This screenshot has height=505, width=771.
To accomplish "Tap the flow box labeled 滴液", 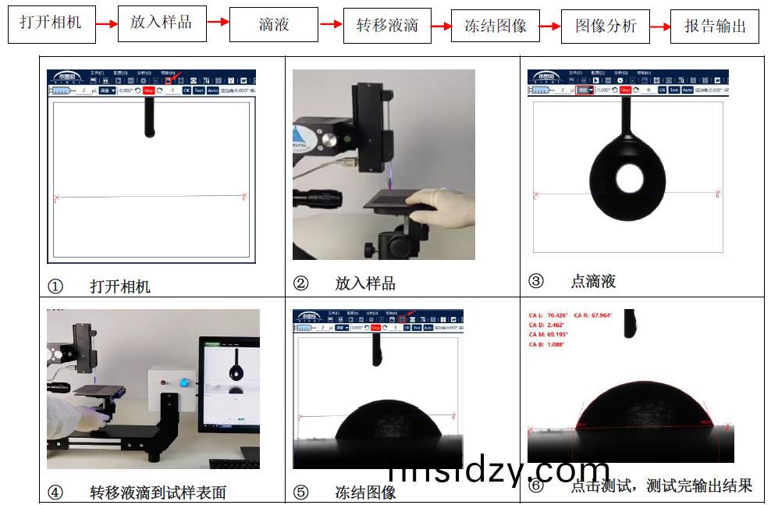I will pos(274,24).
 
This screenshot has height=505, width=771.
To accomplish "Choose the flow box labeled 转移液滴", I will pos(386,25).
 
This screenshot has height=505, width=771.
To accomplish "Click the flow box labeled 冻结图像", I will pos(496,26).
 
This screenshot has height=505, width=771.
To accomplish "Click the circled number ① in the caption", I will pos(55,286).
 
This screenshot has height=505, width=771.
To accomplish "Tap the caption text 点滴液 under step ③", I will pos(593,282).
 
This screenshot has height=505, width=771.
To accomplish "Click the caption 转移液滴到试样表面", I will pos(158,493).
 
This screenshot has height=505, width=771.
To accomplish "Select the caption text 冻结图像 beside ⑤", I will pos(365,493).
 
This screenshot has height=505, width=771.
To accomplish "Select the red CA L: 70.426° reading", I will pos(550,315).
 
